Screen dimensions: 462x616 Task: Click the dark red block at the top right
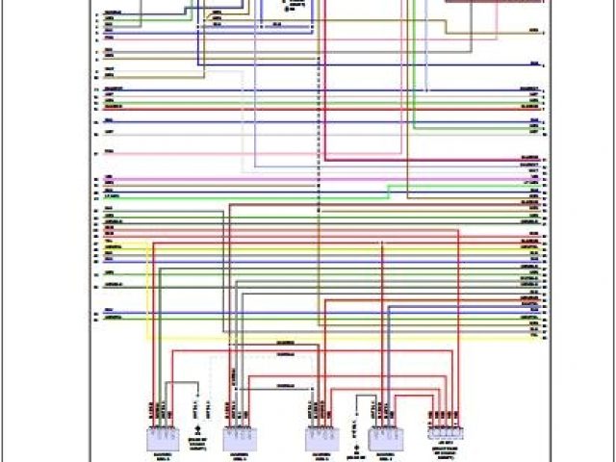[x=494, y=3]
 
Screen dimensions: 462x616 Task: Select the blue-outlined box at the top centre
[x=283, y=12]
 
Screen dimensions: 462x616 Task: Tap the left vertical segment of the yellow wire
[x=147, y=289]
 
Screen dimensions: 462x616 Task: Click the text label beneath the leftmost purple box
[x=160, y=456]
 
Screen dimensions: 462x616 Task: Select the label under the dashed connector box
[x=445, y=448]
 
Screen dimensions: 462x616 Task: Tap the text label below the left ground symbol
[x=197, y=443]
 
